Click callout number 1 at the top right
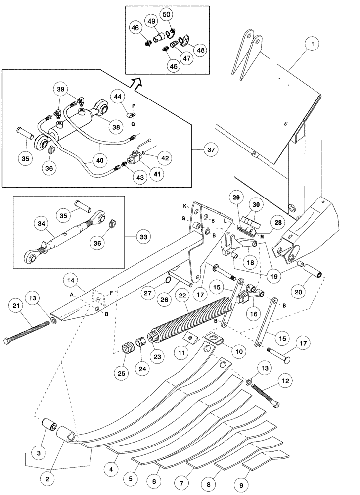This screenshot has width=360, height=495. [x=313, y=44]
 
